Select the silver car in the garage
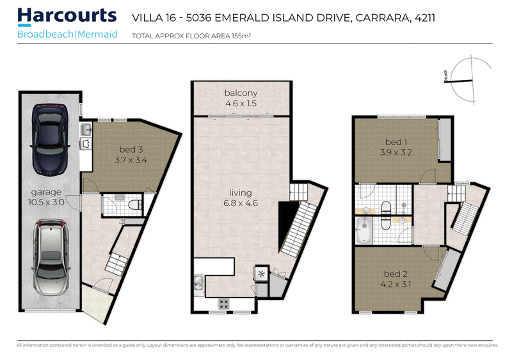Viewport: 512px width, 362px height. coord(51,258)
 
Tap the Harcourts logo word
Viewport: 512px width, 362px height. coord(67,15)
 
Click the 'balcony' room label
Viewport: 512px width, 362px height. coord(241,93)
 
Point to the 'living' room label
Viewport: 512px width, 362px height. coord(241,193)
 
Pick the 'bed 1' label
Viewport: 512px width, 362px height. coord(396,142)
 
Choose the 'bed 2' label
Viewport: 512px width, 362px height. coord(396,274)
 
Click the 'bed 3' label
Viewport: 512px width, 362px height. coord(131,150)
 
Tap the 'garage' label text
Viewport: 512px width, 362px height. coord(46,193)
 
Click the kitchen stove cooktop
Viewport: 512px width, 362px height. coord(223,304)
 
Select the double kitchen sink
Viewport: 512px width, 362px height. coord(198,283)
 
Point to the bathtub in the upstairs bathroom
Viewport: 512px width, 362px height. coord(364,230)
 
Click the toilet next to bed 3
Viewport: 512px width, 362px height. coord(135,205)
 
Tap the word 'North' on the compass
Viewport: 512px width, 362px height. coord(445,75)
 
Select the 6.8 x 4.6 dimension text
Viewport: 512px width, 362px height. coord(241,203)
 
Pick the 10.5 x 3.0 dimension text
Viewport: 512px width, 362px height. coord(46,202)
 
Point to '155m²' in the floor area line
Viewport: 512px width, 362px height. coord(241,36)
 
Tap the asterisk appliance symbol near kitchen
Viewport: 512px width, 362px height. coord(262,274)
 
